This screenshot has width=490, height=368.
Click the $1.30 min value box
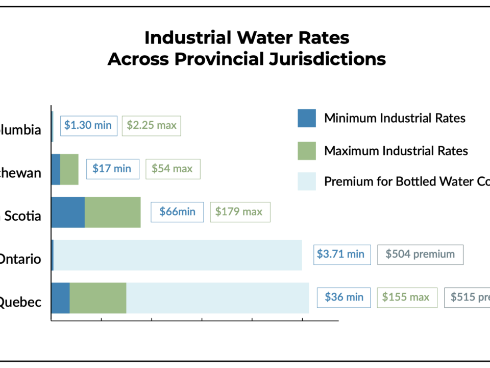pyautogui.click(x=89, y=126)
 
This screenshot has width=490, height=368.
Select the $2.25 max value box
pyautogui.click(x=151, y=126)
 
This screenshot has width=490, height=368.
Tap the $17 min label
pyautogui.click(x=112, y=169)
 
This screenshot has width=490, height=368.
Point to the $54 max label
pyautogui.click(x=173, y=169)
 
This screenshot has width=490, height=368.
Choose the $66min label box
pyautogui.click(x=177, y=212)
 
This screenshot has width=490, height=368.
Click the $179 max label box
pyautogui.click(x=240, y=212)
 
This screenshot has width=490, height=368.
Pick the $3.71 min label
pyautogui.click(x=341, y=255)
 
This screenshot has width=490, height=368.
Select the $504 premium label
pyautogui.click(x=420, y=255)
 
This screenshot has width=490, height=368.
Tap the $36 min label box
pyautogui.click(x=344, y=297)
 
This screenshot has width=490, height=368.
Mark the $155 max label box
pyautogui.click(x=407, y=297)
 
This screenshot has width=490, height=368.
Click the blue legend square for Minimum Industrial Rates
pyautogui.click(x=307, y=118)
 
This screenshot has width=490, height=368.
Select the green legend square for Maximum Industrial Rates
pyautogui.click(x=307, y=151)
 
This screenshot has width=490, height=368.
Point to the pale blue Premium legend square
pyautogui.click(x=307, y=181)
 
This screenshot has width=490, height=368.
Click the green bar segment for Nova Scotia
pyautogui.click(x=112, y=212)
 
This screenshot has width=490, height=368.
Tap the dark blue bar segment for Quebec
pyautogui.click(x=60, y=297)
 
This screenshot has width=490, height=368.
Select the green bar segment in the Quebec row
pyautogui.click(x=98, y=297)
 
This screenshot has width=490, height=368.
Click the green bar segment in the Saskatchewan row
pyautogui.click(x=69, y=169)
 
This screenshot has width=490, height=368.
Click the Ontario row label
pyautogui.click(x=20, y=259)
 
